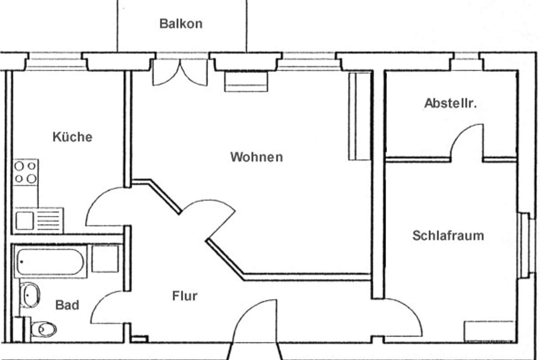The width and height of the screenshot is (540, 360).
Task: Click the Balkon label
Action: [181, 23]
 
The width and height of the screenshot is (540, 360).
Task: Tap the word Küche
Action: [72, 137]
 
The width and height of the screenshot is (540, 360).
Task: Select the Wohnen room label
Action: [256, 157]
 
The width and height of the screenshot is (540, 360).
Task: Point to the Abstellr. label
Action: [450, 103]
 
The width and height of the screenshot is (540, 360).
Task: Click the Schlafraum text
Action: [448, 235]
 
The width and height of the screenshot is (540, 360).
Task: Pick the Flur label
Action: [185, 296]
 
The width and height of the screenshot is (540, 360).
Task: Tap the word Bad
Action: [67, 305]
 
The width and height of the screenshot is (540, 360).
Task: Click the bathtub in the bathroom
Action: [50, 261]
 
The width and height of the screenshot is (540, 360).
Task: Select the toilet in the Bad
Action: [43, 329]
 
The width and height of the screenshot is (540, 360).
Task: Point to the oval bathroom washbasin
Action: [30, 295]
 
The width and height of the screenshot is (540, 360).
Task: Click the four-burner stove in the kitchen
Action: [25, 172]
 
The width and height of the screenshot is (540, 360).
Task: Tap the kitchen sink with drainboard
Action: [39, 220]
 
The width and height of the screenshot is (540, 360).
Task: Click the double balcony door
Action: [180, 73]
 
